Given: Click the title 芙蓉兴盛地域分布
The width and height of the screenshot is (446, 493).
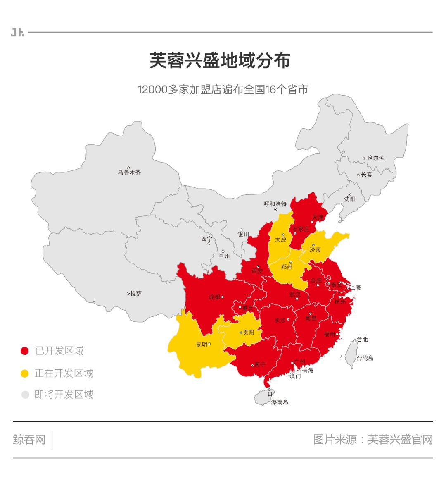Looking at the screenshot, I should (x=220, y=60).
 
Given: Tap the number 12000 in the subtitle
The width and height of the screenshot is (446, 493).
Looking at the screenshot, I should (x=152, y=90).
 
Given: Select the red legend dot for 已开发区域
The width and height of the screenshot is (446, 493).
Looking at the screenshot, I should (x=25, y=351).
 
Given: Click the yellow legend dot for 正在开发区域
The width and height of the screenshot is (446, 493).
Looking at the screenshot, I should (x=25, y=373).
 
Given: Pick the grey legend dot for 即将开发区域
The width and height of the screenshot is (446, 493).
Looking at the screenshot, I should (x=25, y=395).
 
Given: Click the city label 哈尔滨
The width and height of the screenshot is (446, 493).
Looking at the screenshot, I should (x=375, y=158).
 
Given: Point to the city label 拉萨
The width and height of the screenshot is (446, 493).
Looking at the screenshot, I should (x=136, y=294).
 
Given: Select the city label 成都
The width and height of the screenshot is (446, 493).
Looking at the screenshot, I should (x=214, y=297).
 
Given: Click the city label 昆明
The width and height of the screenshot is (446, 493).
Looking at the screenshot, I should (x=202, y=345).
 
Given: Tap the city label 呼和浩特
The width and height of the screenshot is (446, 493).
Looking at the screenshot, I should (x=275, y=204).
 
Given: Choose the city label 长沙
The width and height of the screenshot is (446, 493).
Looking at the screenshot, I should (x=280, y=321).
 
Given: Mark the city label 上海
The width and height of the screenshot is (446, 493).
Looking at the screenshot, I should (x=356, y=287).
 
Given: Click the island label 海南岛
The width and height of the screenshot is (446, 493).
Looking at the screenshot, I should (x=279, y=402).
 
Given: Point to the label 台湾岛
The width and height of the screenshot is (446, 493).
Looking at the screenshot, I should (x=365, y=358).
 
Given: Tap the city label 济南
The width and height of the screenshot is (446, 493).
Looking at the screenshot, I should (x=315, y=250).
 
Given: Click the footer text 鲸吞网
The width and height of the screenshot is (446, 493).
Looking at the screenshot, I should (x=29, y=439).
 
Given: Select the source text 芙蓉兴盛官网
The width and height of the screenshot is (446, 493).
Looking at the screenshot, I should (x=400, y=439).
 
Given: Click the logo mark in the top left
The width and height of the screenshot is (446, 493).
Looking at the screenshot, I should (x=17, y=32).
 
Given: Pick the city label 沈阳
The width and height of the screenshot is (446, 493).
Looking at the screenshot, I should (x=349, y=199).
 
